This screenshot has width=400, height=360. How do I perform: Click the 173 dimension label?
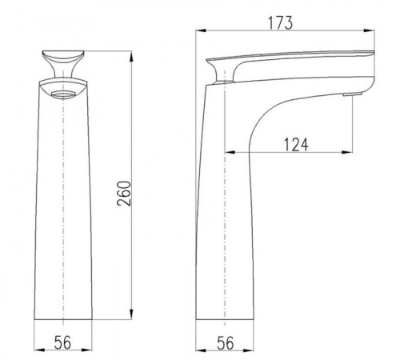[x=280, y=23]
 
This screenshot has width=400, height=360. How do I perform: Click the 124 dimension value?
[x=296, y=145]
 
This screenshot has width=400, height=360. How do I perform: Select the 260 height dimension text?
[x=124, y=194]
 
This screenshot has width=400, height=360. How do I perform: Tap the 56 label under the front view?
[x=62, y=342]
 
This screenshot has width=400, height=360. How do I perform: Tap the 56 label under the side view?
[x=226, y=343]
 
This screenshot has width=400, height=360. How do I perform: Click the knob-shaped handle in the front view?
[x=63, y=64]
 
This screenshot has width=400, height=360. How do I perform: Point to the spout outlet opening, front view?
[x=63, y=94]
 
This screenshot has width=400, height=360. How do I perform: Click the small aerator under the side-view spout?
[x=352, y=94]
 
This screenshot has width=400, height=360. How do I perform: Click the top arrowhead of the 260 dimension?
[x=131, y=56]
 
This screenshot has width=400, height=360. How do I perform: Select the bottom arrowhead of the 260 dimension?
[x=131, y=314]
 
